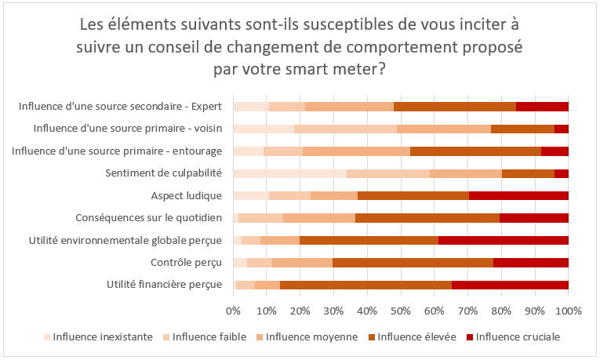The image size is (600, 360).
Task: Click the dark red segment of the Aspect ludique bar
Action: point(518,196)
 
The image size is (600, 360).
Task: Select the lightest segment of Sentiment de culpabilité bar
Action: point(289,173)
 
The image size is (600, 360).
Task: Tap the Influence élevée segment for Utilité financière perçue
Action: point(365,285)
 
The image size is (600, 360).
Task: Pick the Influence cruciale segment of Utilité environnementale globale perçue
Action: point(504,241)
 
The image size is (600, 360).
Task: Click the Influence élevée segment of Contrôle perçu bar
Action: point(413,264)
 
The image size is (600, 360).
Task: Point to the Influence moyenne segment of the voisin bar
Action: point(444,129)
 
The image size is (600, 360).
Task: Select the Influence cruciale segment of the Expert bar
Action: point(542,106)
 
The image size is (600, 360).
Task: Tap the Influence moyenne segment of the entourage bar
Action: point(356,151)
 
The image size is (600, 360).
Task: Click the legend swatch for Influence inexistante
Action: point(46,337)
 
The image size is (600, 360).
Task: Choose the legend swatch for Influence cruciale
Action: point(471,337)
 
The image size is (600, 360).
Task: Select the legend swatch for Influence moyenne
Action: point(259,337)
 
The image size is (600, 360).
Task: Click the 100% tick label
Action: point(568,311)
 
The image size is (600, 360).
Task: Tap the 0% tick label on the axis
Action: point(233,311)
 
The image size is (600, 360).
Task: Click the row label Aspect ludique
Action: point(187,195)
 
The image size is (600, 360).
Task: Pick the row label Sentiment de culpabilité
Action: point(164,173)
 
